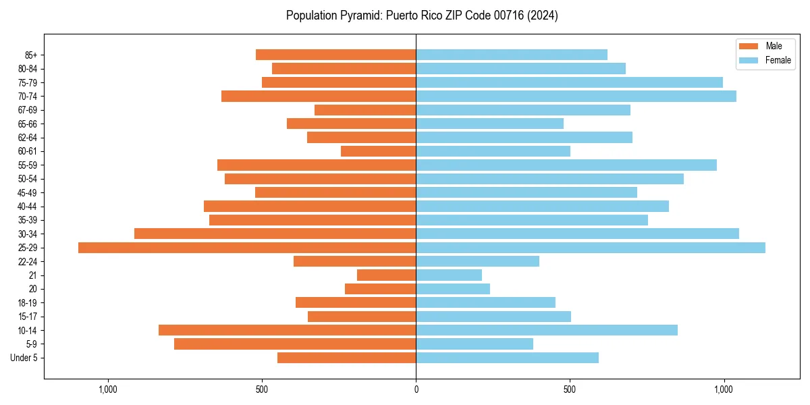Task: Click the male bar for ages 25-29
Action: [247, 248]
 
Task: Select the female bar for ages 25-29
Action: [591, 248]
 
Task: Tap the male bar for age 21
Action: [386, 275]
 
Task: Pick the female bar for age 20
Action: [453, 289]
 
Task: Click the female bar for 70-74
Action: [576, 97]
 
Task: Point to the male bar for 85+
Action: [335, 55]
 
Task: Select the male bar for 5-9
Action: [295, 344]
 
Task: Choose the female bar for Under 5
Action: [507, 358]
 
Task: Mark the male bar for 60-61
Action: [378, 151]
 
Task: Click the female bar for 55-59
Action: [566, 165]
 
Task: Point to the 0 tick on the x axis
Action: [416, 389]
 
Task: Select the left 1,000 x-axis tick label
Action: [108, 389]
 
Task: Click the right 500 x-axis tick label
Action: [570, 389]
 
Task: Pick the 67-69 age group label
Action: [28, 110]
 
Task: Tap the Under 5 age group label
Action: [24, 358]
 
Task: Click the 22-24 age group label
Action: [28, 262]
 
